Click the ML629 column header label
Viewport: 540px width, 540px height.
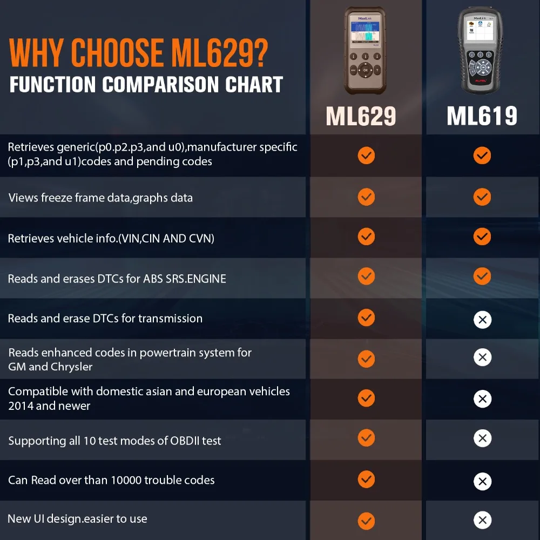click(x=361, y=116)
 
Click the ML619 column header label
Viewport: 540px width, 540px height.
click(x=482, y=116)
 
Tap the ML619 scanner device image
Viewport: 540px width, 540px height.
click(x=481, y=51)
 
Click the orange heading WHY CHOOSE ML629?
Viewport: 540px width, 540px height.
click(x=138, y=53)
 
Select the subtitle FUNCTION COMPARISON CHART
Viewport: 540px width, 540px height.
click(x=146, y=85)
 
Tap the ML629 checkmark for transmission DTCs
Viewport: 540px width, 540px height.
click(x=366, y=318)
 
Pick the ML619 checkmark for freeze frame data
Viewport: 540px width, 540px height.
click(x=482, y=197)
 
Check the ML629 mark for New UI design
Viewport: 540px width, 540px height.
click(x=366, y=521)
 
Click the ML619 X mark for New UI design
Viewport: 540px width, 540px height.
click(x=482, y=521)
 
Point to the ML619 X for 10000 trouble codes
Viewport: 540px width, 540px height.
click(x=482, y=481)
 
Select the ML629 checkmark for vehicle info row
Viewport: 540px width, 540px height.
click(x=366, y=237)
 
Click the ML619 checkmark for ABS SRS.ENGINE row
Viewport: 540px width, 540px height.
click(x=482, y=276)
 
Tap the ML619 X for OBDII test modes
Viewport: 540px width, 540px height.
click(x=482, y=438)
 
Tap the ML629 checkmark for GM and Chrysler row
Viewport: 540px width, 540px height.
click(x=366, y=359)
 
